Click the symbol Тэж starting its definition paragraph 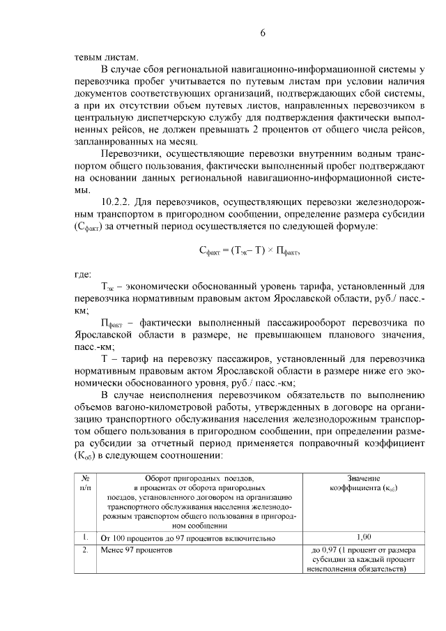[x=109, y=286]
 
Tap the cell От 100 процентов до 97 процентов [x=188, y=538]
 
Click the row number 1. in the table [x=84, y=538]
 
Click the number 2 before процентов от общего [x=297, y=130]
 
